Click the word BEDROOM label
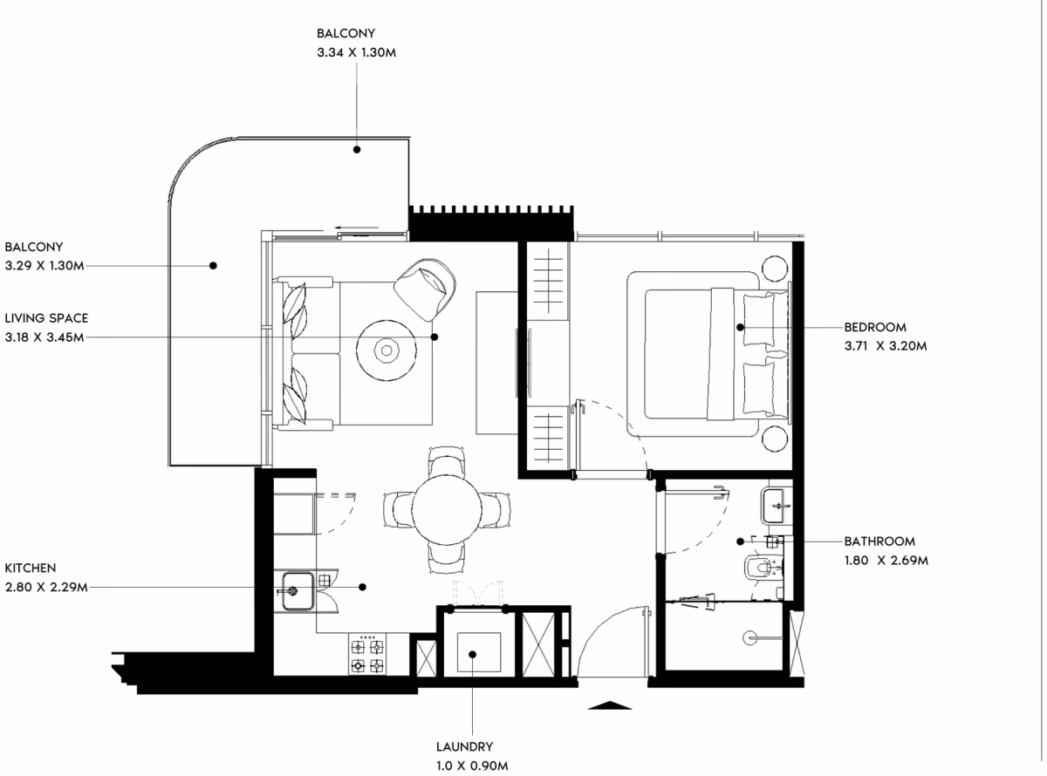pos(875,327)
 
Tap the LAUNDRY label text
pos(464,746)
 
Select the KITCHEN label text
pos(31,568)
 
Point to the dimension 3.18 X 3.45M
pos(44,337)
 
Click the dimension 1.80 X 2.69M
pos(886,561)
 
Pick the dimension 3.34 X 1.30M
pos(356,52)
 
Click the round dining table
pos(447,509)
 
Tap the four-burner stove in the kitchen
pos(367,655)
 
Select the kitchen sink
pos(298,590)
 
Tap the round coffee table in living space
pos(387,351)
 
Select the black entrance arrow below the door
pos(609,705)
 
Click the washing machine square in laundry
pos(479,652)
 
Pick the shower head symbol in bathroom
pos(749,638)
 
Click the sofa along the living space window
pos(306,353)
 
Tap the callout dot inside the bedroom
pos(740,327)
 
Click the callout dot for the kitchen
pos(363,588)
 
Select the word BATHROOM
pos(879,541)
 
